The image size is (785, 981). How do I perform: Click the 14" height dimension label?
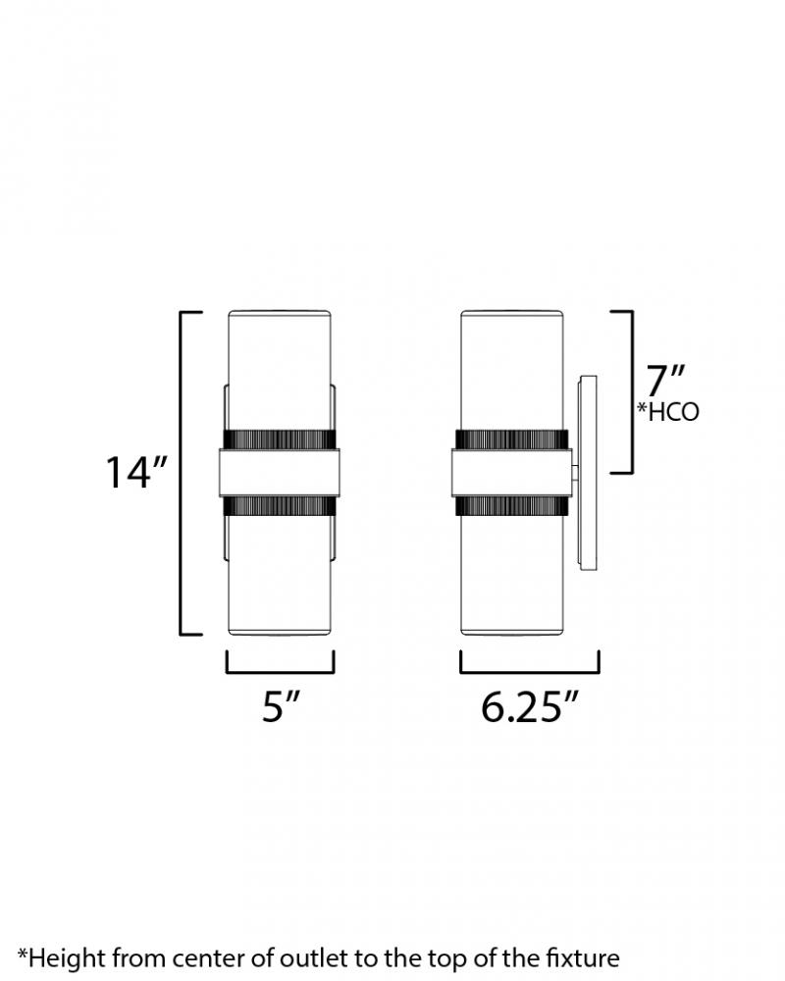pyautogui.click(x=135, y=472)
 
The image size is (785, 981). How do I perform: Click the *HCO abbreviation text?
pyautogui.click(x=668, y=412)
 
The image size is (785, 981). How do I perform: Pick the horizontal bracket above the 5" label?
pyautogui.click(x=281, y=671)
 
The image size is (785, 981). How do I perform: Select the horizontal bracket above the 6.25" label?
pyautogui.click(x=530, y=671)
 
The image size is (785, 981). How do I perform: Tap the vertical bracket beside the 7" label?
pyautogui.click(x=631, y=391)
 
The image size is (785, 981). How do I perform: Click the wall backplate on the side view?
pyautogui.click(x=588, y=473)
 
